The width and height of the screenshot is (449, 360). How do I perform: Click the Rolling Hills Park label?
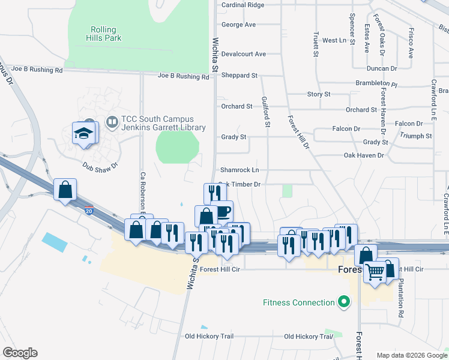pyautogui.click(x=106, y=34)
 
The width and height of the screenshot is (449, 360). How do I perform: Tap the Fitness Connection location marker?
pyautogui.click(x=344, y=302)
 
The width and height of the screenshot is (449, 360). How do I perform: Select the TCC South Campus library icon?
pyautogui.click(x=112, y=122)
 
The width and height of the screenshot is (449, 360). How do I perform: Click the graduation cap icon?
pyautogui.click(x=83, y=133)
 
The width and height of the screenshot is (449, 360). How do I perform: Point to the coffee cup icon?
pyautogui.click(x=223, y=212)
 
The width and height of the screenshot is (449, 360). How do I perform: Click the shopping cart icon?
pyautogui.click(x=375, y=271)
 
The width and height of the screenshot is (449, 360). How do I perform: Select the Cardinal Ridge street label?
pyautogui.click(x=243, y=5)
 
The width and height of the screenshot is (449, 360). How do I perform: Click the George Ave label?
pyautogui.click(x=239, y=25)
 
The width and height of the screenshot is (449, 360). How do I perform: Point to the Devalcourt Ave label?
pyautogui.click(x=243, y=54)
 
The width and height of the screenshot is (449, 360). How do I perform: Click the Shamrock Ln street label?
pyautogui.click(x=240, y=170)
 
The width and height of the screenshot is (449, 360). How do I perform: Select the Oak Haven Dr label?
pyautogui.click(x=363, y=155)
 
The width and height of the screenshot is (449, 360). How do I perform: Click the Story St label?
pyautogui.click(x=319, y=94)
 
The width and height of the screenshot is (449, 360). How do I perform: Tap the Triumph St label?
pyautogui.click(x=415, y=136)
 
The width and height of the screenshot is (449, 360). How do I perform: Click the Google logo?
pyautogui.click(x=20, y=353)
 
